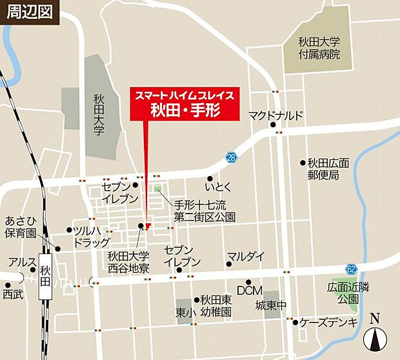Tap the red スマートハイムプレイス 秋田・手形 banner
coord(185,103)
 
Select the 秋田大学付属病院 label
coord(319,48)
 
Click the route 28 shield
coord(231,157)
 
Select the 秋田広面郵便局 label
coord(328,168)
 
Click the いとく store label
coord(217,187)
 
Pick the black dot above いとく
coord(210,179)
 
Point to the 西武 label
coord(12,294)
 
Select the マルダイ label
coord(245,256)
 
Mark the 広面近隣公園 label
coord(342,293)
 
